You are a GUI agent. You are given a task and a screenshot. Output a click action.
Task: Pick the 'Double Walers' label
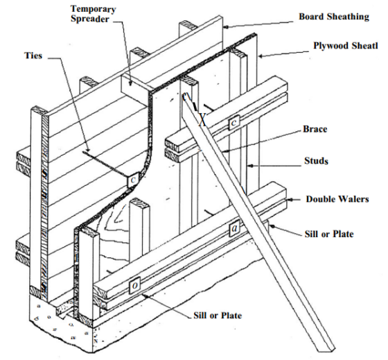336,199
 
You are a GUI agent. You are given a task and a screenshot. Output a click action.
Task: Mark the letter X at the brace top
202,119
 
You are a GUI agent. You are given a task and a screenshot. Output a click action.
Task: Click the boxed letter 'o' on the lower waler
135,284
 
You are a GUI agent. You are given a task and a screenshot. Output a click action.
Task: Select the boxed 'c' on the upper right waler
235,122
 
